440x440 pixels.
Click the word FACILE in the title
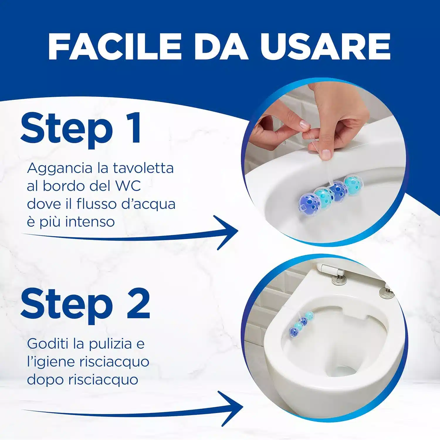[x=114, y=46]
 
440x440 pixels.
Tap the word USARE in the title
[x=325, y=46]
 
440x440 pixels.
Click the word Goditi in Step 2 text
[x=48, y=344]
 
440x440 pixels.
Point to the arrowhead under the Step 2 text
[x=232, y=408]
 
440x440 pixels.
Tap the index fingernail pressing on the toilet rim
[x=326, y=154]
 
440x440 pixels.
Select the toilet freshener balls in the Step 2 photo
[x=301, y=324]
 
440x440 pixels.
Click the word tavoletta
[x=143, y=168]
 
